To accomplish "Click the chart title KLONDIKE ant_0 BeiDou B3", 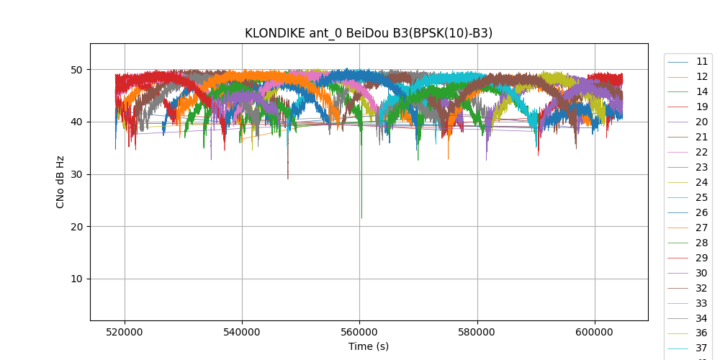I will pyautogui.click(x=369, y=33).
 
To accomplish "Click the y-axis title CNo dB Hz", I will pyautogui.click(x=60, y=181).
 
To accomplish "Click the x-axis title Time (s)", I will pyautogui.click(x=369, y=346).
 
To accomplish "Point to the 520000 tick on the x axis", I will pyautogui.click(x=125, y=333).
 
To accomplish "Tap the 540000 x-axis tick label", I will pyautogui.click(x=242, y=333).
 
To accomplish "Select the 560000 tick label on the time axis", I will pyautogui.click(x=359, y=333).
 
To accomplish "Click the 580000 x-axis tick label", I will pyautogui.click(x=477, y=333).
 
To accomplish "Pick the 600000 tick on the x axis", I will pyautogui.click(x=595, y=333).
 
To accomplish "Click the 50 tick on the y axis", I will pyautogui.click(x=76, y=70).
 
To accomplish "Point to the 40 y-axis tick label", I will pyautogui.click(x=76, y=122).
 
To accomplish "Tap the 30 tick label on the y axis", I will pyautogui.click(x=76, y=174).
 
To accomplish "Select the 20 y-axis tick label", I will pyautogui.click(x=76, y=227).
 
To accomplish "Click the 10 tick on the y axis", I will pyautogui.click(x=76, y=279).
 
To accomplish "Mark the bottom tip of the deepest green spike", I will pyautogui.click(x=361, y=218).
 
